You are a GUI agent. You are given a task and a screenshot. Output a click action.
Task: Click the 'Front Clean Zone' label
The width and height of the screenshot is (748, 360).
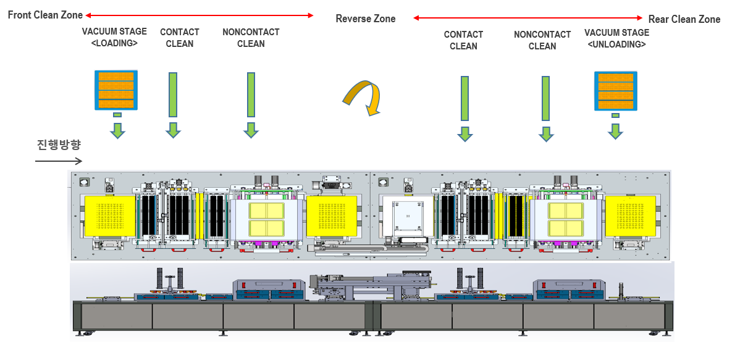pos(45,15)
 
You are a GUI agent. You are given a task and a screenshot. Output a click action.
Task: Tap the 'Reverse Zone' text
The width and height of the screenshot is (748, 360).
pos(366,19)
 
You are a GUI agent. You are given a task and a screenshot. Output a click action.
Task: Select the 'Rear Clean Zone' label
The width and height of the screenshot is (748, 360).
pos(684,19)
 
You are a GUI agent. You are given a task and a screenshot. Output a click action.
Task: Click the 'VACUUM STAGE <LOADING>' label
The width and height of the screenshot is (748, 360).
pos(114,38)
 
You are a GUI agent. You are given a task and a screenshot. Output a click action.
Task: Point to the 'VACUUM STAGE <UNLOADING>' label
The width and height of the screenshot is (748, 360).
pos(616,38)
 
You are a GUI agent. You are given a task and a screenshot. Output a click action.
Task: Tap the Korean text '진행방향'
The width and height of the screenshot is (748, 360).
pos(58,145)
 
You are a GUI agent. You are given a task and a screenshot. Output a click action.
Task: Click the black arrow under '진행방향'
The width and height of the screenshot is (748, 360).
pos(58,161)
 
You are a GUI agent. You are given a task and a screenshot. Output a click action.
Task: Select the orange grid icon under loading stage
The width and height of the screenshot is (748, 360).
pos(114,90)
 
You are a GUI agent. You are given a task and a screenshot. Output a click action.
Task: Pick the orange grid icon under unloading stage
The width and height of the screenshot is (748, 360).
pos(615,91)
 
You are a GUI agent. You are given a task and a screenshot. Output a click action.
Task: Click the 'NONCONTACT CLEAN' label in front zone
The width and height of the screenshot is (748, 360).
pos(251,38)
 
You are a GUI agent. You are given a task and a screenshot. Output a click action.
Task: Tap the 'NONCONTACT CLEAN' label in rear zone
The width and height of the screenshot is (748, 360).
pos(542,40)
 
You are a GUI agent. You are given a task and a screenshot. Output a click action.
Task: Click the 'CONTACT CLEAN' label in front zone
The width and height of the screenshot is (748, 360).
pos(180,38)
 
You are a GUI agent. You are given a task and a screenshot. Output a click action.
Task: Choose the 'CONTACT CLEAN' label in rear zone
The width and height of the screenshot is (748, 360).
pos(463,40)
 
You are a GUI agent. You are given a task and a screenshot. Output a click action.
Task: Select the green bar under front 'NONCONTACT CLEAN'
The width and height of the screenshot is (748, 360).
pos(251,94)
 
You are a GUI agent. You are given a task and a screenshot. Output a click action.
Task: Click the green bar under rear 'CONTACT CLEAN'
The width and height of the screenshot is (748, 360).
pos(464,99)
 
